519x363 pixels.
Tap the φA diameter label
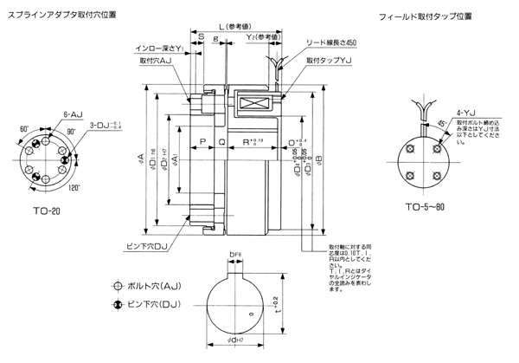pos(141,158)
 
